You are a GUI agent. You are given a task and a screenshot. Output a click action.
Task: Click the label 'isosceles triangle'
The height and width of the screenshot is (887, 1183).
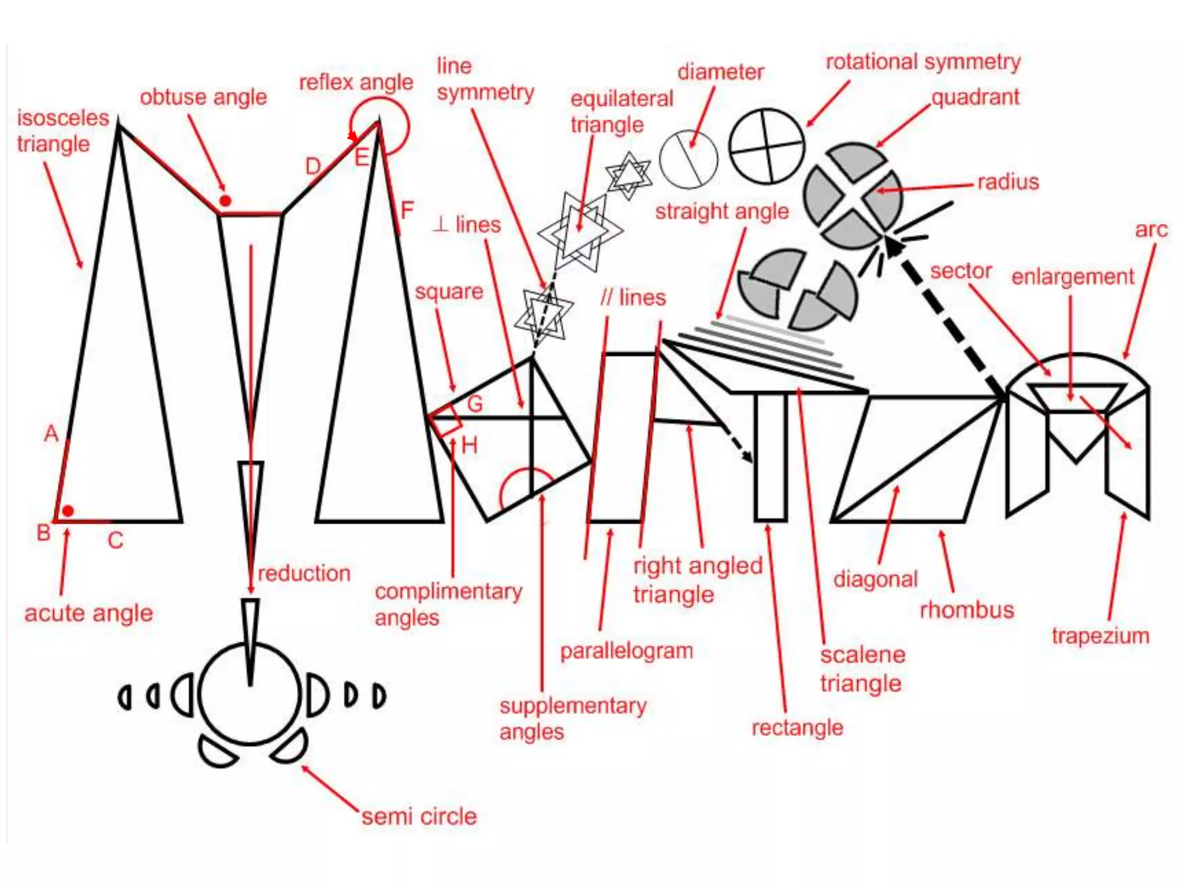(x=62, y=131)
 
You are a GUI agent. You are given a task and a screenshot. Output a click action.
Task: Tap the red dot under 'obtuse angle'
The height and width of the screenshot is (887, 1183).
(x=225, y=201)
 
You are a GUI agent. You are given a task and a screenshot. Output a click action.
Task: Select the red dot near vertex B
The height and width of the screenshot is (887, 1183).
(x=68, y=511)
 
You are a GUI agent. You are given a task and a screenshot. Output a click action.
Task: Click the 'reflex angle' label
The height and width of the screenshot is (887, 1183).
(x=356, y=83)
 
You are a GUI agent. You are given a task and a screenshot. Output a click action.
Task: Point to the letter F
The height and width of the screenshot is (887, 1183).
(x=407, y=210)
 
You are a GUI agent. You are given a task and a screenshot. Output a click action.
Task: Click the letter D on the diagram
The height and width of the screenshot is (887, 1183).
(x=313, y=167)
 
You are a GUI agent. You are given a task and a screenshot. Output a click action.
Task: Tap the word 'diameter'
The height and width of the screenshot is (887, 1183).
(x=720, y=72)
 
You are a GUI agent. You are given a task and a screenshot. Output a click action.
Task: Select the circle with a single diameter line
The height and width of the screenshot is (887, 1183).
(x=688, y=159)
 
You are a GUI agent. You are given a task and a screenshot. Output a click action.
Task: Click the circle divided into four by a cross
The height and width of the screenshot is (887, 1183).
(x=767, y=146)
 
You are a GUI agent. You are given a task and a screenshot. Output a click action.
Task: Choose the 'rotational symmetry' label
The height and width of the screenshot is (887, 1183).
(x=923, y=62)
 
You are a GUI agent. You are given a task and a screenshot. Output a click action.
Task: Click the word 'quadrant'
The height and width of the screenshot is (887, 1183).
(x=976, y=97)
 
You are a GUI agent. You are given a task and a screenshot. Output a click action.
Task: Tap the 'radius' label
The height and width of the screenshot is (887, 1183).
(x=1008, y=182)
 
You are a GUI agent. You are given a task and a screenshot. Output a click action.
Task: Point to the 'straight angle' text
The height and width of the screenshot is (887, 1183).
(x=722, y=211)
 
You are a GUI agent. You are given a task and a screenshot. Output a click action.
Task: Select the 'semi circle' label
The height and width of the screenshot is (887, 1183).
(x=419, y=817)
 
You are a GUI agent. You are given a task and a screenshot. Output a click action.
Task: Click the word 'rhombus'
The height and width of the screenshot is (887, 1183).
(x=966, y=610)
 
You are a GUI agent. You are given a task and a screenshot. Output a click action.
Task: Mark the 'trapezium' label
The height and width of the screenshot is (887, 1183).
(x=1100, y=636)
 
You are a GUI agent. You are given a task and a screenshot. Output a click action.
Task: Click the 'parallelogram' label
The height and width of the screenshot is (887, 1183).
(x=626, y=651)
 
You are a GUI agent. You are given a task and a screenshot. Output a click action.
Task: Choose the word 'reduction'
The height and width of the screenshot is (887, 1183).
(x=304, y=573)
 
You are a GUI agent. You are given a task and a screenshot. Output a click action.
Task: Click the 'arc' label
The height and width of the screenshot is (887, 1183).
(x=1151, y=230)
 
